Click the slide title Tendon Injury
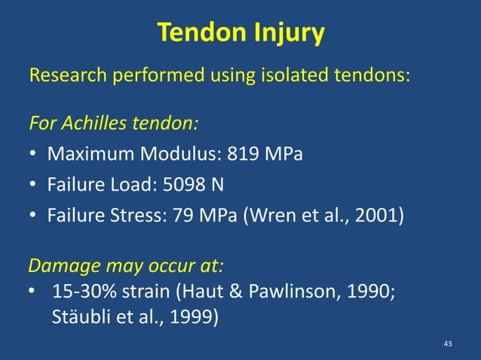(240, 33)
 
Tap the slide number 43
(448, 344)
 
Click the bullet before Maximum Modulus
(35, 156)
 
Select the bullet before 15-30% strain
(35, 291)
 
